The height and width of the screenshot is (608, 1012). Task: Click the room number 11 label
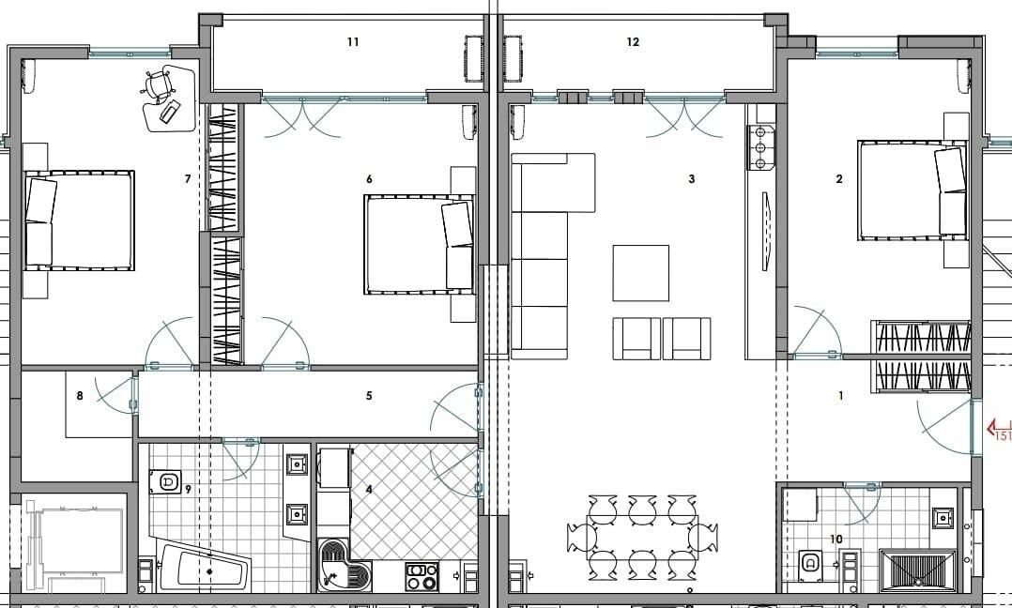pos(353,42)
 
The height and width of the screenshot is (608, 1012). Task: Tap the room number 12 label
pos(633,42)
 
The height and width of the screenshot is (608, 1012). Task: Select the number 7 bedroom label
pos(188,178)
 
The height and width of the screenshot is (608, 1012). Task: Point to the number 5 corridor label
pos(369,396)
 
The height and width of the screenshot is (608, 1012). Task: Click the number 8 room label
pos(80,396)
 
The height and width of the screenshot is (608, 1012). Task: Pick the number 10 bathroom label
pos(836,539)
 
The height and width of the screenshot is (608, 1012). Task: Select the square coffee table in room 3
pos(641,273)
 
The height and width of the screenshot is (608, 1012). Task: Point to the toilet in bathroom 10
pos(809,566)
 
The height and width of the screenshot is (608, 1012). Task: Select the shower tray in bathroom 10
pos(917,570)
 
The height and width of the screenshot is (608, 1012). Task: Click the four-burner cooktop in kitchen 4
pos(422,576)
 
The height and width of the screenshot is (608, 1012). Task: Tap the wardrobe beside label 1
pos(921,357)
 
